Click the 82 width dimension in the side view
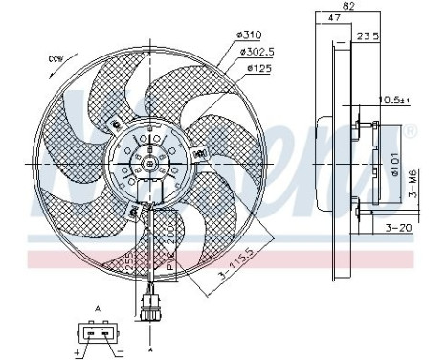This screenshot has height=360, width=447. tap(350, 8)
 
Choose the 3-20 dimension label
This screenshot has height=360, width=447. tap(399, 229)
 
